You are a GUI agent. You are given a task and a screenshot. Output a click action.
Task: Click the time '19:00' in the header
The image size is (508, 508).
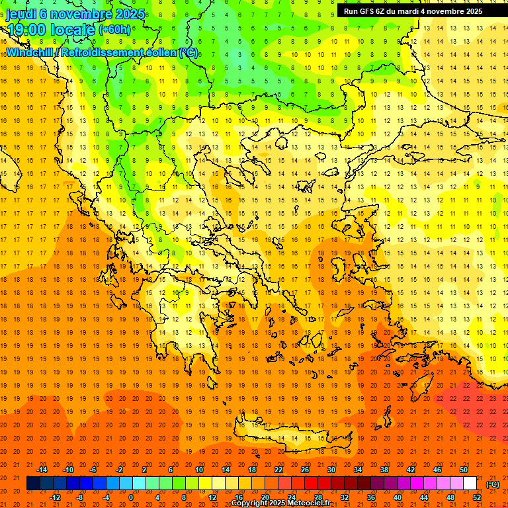click(x=26, y=29)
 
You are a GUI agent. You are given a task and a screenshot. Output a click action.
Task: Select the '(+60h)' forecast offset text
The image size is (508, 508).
click(x=114, y=30)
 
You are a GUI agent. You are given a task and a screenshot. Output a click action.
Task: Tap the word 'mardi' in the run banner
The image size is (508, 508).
click(x=415, y=11)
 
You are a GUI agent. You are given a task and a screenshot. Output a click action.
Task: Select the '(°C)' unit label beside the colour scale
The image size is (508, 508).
click(x=493, y=484)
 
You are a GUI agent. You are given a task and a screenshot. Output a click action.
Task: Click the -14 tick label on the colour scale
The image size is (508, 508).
click(x=42, y=470)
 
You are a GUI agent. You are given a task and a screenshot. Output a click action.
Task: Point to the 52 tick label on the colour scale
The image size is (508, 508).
click(x=477, y=497)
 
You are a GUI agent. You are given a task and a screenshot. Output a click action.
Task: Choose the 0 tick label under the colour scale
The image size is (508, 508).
click(x=131, y=497)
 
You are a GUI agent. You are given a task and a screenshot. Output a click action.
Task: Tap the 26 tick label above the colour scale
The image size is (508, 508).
click(x=305, y=470)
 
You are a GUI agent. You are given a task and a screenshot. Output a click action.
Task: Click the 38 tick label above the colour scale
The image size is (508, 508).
click(x=384, y=470)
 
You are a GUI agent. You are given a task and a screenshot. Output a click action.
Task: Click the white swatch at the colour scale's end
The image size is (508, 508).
click(x=470, y=484)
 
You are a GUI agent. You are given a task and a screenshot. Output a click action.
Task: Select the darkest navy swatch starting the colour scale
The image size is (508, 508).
click(x=33, y=484)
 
